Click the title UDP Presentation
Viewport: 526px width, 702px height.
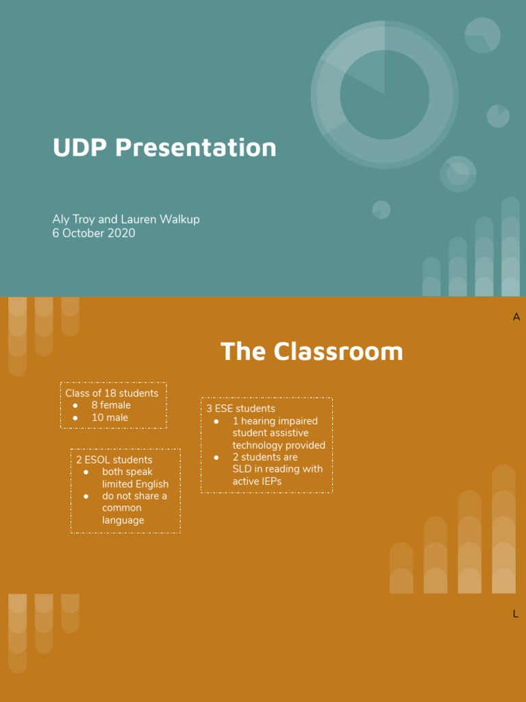164,147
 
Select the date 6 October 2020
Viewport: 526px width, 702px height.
94,233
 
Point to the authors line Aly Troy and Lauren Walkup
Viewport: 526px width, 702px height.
126,219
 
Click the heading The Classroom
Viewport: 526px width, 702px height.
312,351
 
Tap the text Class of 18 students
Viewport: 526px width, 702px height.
112,394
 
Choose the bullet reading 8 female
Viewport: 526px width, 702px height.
111,405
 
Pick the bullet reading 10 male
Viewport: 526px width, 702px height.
110,417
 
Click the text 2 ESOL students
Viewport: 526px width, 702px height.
114,460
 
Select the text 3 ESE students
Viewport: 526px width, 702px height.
241,409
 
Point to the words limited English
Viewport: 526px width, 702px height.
135,484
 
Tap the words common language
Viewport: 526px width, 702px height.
123,514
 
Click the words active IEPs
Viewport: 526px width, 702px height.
257,481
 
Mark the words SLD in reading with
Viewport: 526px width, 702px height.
277,469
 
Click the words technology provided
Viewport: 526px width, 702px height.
279,445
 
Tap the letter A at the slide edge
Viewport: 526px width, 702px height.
516,317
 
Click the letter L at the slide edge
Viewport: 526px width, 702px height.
516,614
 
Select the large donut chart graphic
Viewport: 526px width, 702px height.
384,95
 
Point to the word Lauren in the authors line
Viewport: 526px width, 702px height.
138,219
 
